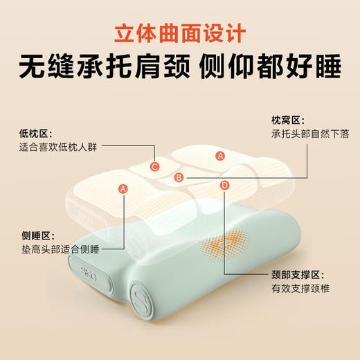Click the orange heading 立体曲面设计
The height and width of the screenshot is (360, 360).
point(179,33)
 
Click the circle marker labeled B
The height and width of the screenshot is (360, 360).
point(179,178)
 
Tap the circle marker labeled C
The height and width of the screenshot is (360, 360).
point(155,165)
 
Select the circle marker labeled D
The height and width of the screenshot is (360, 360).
point(224,185)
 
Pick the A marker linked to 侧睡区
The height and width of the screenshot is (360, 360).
point(123,188)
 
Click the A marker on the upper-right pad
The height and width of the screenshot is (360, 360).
point(220,156)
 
